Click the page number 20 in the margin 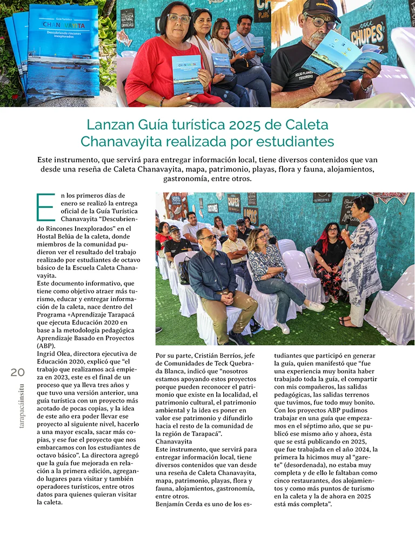17,372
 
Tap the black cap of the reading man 323,9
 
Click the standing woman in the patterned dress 360,260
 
